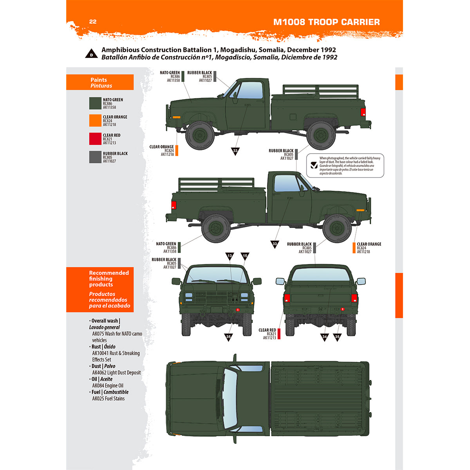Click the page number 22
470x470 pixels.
click(x=93, y=22)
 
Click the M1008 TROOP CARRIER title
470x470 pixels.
click(x=326, y=22)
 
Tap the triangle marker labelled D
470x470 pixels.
click(x=91, y=54)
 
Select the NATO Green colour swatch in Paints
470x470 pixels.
click(x=95, y=103)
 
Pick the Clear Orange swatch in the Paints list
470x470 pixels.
click(x=95, y=121)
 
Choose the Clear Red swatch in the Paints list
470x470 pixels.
click(x=95, y=139)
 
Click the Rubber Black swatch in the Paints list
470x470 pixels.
click(x=95, y=157)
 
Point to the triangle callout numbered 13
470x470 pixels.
click(x=230, y=256)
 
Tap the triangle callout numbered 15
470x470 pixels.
click(x=245, y=256)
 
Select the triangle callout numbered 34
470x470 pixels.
click(x=324, y=336)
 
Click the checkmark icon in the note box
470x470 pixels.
click(x=314, y=165)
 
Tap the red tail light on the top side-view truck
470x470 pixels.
click(x=363, y=112)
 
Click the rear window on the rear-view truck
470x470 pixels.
click(x=320, y=275)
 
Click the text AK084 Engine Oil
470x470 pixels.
click(x=108, y=386)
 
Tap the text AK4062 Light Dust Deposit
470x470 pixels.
click(x=116, y=373)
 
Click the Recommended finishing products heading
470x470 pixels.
click(x=108, y=279)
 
